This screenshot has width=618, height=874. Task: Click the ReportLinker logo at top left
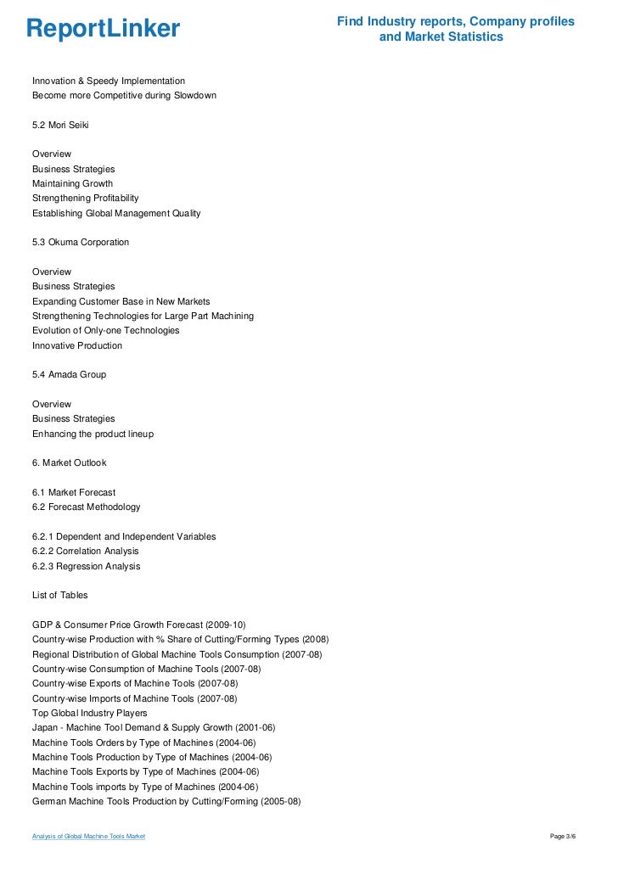[x=103, y=30]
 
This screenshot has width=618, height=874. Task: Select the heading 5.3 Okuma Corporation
[x=81, y=242]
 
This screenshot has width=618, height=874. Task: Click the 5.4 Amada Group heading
[x=69, y=374]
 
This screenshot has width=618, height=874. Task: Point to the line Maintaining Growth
[x=72, y=183]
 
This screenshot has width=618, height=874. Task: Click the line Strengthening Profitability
[x=85, y=198]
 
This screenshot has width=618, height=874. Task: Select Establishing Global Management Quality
[x=116, y=213]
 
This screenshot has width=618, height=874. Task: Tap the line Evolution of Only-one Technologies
[x=105, y=330]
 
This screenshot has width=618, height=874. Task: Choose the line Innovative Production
[x=77, y=345]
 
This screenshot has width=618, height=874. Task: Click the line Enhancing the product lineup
[x=93, y=434]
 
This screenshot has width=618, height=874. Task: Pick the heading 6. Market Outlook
[x=70, y=463]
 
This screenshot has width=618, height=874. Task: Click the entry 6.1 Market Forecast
[x=74, y=492]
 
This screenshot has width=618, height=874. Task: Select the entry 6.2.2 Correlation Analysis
[x=86, y=551]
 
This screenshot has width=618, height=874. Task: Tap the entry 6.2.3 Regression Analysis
[x=87, y=566]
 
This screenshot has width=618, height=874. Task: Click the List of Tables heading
[x=59, y=595]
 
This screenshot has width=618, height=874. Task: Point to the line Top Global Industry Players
[x=89, y=713]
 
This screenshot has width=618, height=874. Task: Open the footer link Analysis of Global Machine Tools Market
[x=88, y=837]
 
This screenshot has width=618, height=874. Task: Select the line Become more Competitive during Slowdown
[x=124, y=96]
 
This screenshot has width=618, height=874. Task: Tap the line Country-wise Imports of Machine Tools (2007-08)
[x=135, y=698]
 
